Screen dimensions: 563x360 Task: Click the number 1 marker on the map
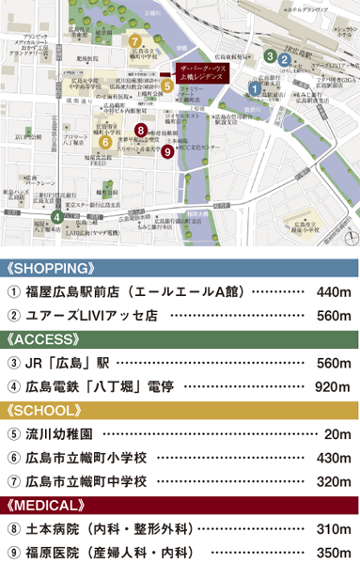tap(255, 88)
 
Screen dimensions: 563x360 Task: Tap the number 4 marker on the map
tap(58, 217)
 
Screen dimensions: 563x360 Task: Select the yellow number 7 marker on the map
tap(135, 40)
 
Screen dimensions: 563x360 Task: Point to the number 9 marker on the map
tap(166, 150)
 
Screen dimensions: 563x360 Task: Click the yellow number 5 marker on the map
tap(166, 86)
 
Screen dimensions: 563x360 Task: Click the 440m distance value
tap(334, 292)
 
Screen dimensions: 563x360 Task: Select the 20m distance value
tap(337, 434)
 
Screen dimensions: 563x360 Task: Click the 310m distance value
tap(334, 529)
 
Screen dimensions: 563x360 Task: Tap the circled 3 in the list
tap(13, 363)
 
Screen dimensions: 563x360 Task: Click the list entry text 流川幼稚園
tap(58, 434)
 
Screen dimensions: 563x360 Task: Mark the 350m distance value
tap(334, 553)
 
